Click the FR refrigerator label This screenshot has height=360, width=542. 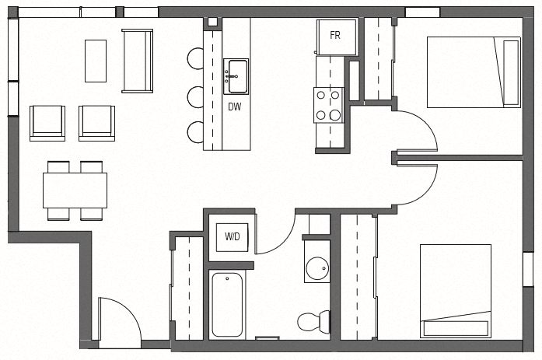(x=335, y=36)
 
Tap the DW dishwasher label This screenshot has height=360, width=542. (x=234, y=107)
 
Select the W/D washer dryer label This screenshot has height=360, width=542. (x=233, y=236)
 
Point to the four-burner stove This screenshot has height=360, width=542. (x=329, y=106)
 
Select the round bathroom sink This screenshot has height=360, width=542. (x=317, y=268)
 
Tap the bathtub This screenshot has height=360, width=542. (x=227, y=304)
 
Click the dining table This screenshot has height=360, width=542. (x=75, y=190)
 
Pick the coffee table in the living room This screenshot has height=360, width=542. (x=95, y=61)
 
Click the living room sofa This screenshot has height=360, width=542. (x=138, y=61)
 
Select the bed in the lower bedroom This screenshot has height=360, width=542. (x=456, y=291)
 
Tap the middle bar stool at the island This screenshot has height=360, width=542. (x=195, y=96)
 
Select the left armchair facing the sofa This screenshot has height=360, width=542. (x=47, y=123)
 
